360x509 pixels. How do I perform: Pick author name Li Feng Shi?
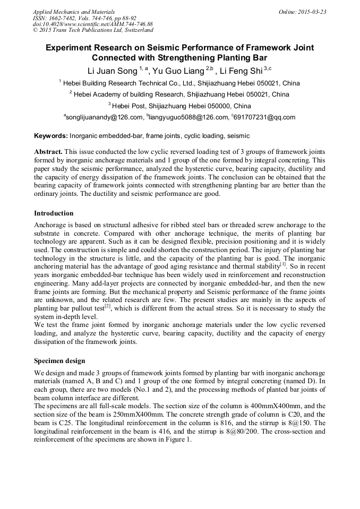point(244,71)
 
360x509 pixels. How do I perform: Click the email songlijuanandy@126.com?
point(104,117)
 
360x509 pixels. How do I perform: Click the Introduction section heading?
point(54,213)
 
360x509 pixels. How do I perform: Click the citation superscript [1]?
point(283,264)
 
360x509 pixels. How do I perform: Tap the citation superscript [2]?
point(109,306)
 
